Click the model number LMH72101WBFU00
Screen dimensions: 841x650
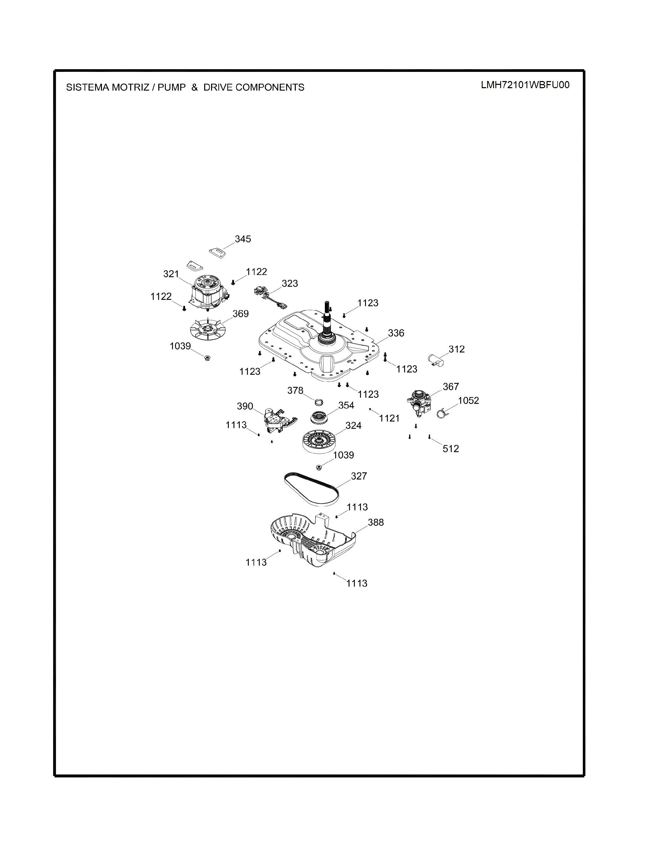click(x=525, y=85)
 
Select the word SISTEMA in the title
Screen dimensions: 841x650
click(x=87, y=87)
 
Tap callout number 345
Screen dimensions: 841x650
click(x=243, y=239)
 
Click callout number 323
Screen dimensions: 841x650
click(x=290, y=283)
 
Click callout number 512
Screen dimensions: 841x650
click(x=450, y=449)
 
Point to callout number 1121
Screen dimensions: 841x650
click(x=389, y=418)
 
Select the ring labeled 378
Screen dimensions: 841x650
click(x=318, y=402)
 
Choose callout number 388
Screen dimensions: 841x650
click(x=376, y=522)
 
